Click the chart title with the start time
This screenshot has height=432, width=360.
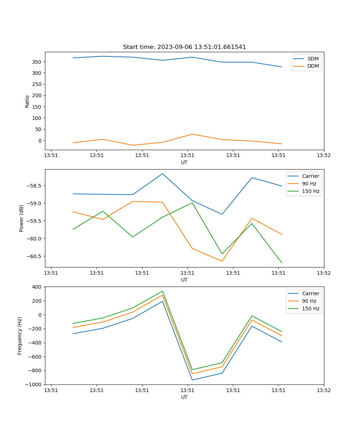[x=184, y=47]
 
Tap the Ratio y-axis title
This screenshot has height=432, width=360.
[x=27, y=101]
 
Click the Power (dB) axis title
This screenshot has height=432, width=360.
[x=22, y=218]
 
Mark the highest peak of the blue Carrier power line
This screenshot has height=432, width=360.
[x=162, y=174]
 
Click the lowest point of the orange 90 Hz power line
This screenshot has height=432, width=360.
[x=222, y=261]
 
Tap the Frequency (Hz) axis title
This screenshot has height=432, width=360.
[x=20, y=336]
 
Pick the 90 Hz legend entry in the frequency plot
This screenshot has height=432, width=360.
[x=309, y=301]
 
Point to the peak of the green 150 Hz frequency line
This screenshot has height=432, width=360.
[x=162, y=291]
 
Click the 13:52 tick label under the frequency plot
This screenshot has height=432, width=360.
[x=324, y=390]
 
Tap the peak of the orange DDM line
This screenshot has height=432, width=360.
[x=192, y=134]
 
